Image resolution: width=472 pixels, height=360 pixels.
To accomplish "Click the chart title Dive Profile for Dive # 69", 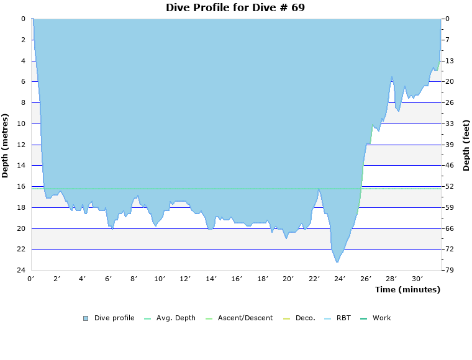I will click(x=235, y=7).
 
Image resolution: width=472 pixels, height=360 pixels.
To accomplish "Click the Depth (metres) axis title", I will click(x=6, y=145).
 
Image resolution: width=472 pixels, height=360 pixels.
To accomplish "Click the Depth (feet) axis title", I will click(x=466, y=145).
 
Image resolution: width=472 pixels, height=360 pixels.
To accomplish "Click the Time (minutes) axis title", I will click(x=407, y=289).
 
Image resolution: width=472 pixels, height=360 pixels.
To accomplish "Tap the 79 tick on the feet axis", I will click(x=449, y=270).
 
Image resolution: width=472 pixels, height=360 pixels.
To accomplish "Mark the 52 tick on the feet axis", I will click(x=449, y=186).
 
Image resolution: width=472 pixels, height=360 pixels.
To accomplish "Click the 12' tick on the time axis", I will click(x=184, y=279).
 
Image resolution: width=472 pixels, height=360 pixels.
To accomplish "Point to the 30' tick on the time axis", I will click(x=417, y=279).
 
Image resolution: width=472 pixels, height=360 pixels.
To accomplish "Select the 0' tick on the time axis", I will click(x=31, y=279).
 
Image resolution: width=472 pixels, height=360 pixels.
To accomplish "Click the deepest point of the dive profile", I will click(x=337, y=262).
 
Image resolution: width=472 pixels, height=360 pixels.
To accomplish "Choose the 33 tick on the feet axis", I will click(x=449, y=124).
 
